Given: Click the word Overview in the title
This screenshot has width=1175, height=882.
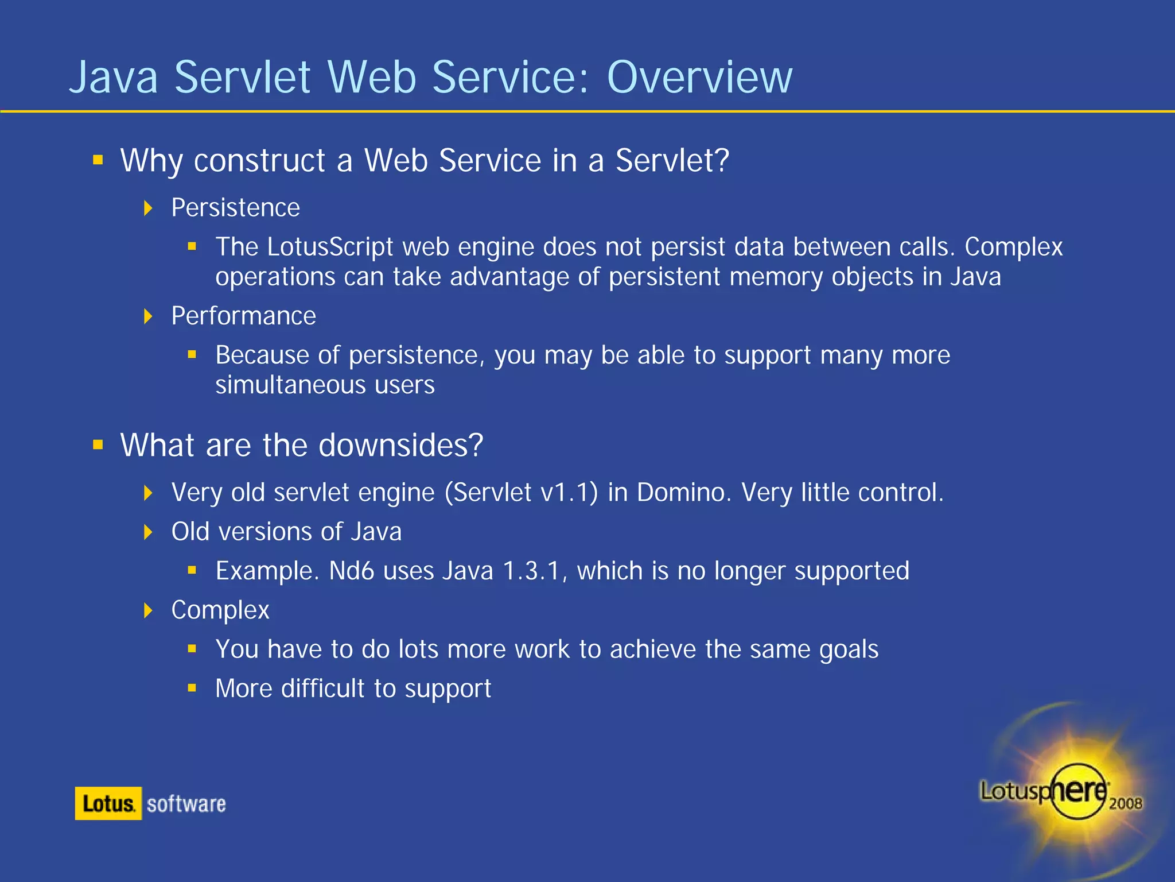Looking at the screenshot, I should tap(699, 78).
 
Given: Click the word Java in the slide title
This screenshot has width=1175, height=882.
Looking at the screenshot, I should tap(114, 78).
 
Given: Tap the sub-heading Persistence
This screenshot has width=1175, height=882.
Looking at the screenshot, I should tap(235, 208).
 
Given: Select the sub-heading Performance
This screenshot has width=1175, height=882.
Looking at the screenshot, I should tap(243, 316).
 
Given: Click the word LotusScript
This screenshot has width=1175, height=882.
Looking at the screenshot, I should tap(329, 247).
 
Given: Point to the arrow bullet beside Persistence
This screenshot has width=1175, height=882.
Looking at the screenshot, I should tap(149, 208).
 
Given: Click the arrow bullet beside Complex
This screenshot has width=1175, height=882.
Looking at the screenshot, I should tap(149, 610).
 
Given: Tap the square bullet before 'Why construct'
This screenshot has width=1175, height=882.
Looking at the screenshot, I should tap(98, 160).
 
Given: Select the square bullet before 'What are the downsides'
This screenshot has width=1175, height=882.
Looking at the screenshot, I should tap(98, 445).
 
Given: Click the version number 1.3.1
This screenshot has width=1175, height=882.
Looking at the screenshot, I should tap(531, 571).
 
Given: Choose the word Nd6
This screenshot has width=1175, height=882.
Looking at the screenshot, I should tap(351, 571).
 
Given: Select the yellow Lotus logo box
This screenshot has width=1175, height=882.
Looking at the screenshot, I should tap(108, 803).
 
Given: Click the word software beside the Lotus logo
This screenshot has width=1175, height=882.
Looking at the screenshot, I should tap(186, 804).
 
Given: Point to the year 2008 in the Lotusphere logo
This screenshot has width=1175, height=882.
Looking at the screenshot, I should tap(1125, 803).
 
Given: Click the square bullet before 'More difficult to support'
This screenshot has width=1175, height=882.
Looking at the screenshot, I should tap(192, 688).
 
